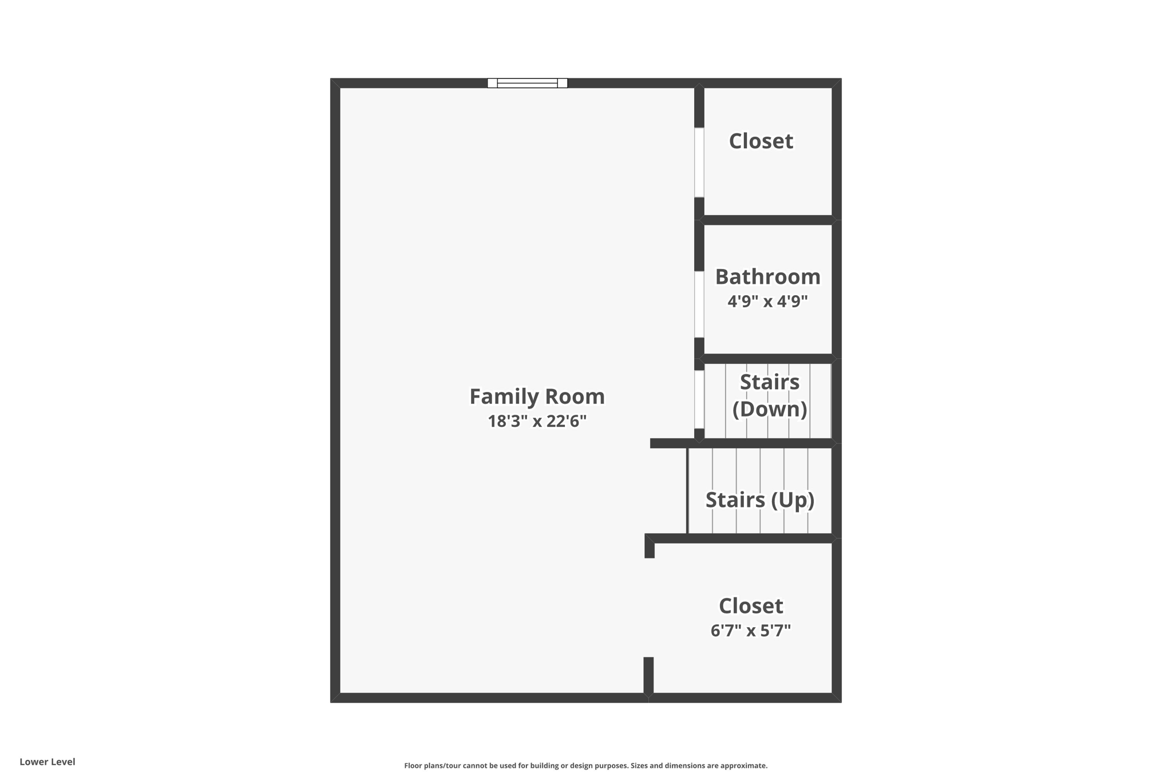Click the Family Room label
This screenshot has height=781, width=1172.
click(537, 397)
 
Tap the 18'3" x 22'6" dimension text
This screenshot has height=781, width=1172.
click(537, 422)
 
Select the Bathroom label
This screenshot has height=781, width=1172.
click(767, 277)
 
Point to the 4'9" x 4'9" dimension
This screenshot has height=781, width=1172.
click(767, 302)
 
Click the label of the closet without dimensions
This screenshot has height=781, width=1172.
click(761, 141)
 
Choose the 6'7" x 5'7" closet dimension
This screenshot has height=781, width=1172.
click(750, 631)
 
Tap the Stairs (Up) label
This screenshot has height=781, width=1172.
click(759, 500)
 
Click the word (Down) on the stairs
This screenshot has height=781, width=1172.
click(770, 409)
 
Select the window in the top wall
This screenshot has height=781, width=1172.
click(527, 83)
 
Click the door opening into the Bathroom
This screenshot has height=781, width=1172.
click(699, 304)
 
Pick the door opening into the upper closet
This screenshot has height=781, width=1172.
click(699, 162)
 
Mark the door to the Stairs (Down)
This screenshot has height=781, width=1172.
click(699, 399)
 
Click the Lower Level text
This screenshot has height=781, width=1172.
click(47, 762)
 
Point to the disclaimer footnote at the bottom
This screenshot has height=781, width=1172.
click(585, 766)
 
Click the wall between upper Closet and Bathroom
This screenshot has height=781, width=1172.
click(767, 220)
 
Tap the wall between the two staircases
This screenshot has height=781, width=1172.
click(744, 443)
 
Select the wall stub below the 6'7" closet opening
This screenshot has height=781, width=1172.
click(648, 676)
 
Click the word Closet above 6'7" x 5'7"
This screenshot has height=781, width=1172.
click(750, 606)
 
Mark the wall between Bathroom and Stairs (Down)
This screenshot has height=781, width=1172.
click(767, 359)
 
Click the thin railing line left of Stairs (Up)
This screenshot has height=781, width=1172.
click(687, 491)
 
